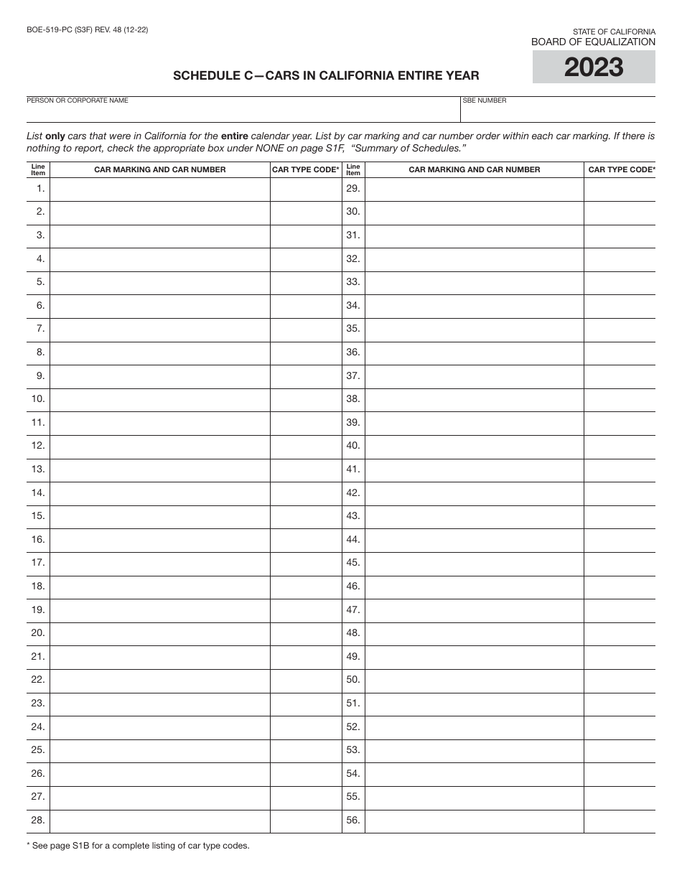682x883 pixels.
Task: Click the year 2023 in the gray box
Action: tap(593, 67)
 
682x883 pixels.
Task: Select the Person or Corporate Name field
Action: tap(243, 113)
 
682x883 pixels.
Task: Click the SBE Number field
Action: tap(558, 113)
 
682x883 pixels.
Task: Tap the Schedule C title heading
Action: tap(326, 75)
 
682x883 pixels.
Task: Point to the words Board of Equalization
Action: tap(593, 42)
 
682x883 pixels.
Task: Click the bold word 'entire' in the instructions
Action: tap(235, 135)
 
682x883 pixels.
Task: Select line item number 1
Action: tap(40, 189)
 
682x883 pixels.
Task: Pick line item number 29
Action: tap(352, 189)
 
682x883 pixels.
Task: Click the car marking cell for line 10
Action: tap(159, 399)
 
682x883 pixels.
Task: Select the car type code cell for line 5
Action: tap(306, 282)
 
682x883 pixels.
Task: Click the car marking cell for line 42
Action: tap(474, 493)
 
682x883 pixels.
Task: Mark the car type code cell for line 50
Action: tap(620, 680)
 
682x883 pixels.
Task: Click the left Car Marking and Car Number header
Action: tap(159, 169)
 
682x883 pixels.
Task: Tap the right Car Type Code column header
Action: tap(621, 169)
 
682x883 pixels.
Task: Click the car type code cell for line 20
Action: tap(306, 633)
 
